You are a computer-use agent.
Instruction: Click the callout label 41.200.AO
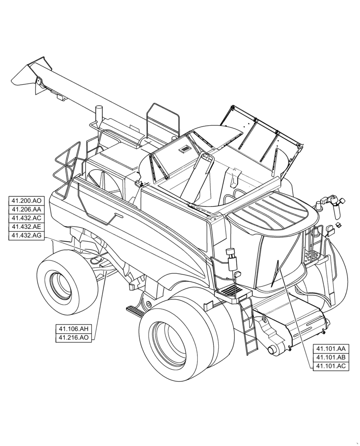pos(26,201)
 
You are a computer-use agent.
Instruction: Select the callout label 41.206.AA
pos(26,210)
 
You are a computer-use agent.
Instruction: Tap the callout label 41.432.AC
pos(26,218)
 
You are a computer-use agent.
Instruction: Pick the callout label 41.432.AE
pos(26,227)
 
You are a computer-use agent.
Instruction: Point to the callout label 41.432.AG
pos(26,235)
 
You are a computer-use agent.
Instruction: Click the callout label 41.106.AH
pos(74,329)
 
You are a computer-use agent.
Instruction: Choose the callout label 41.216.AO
pos(74,338)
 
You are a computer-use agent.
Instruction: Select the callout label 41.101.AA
pos(331,349)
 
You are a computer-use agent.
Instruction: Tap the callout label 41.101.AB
pos(331,358)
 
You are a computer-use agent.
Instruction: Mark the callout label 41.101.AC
pos(331,366)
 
